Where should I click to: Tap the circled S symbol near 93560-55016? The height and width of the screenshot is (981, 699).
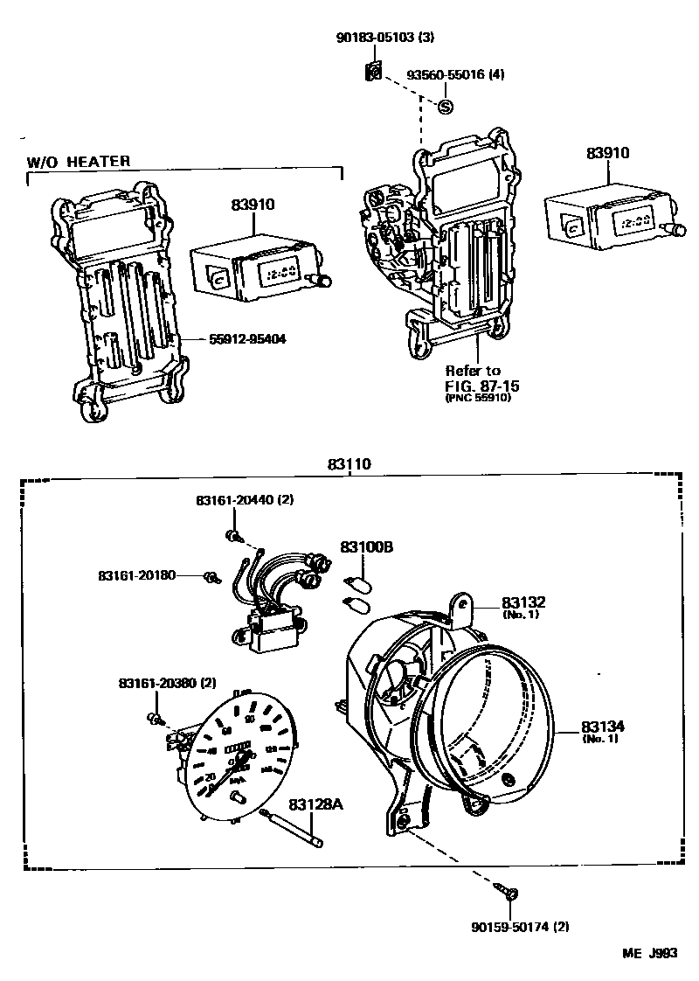tap(445, 107)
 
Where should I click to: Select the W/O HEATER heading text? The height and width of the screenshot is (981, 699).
tap(79, 161)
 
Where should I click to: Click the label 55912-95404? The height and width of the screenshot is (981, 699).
tap(247, 338)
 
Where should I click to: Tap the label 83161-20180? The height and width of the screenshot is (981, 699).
tap(138, 575)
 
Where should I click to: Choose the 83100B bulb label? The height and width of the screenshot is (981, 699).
tap(367, 546)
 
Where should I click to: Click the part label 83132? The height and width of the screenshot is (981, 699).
tap(523, 603)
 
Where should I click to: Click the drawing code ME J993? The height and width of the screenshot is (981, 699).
tap(649, 955)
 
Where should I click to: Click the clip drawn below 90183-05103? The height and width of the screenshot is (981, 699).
tap(373, 73)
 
